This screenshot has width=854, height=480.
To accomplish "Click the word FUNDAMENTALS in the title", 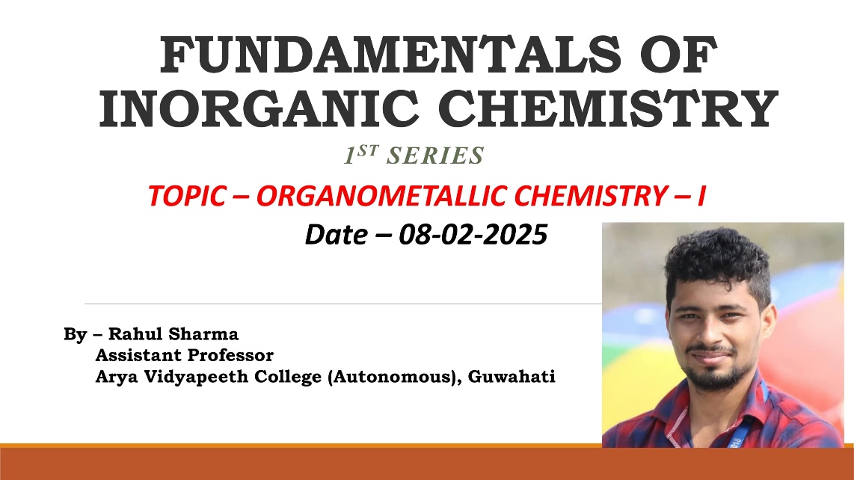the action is (x=390, y=55).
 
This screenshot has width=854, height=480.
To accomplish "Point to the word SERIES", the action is (x=435, y=156).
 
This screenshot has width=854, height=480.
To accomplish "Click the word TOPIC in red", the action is (x=187, y=196).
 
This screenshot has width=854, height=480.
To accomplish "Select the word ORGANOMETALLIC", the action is (x=382, y=196).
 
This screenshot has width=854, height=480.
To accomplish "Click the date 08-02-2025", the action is (x=473, y=235).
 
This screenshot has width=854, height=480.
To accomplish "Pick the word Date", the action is (x=336, y=235).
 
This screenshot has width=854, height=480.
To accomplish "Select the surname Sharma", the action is (x=203, y=333).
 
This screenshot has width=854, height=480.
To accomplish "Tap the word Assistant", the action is (x=138, y=355).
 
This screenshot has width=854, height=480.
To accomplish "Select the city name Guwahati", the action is (x=512, y=377).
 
